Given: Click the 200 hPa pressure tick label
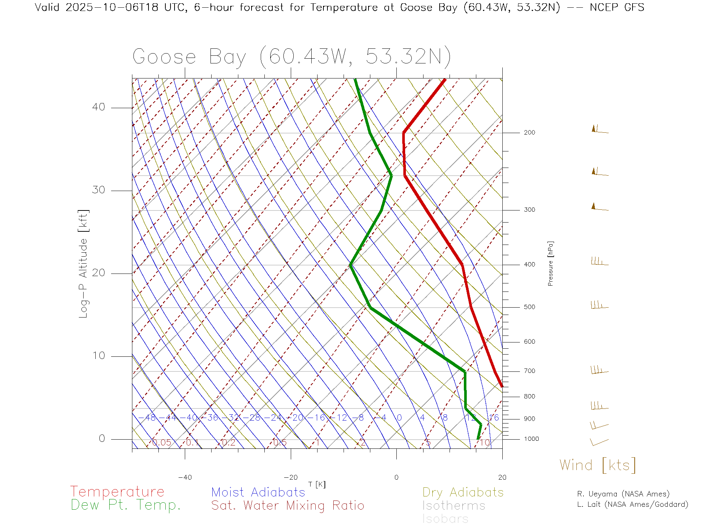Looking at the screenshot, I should (x=529, y=133).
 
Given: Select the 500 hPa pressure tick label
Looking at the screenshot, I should (x=529, y=307).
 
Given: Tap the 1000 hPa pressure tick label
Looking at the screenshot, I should (x=531, y=439).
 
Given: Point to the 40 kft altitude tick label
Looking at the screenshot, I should (x=98, y=107).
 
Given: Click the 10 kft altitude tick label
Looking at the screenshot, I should (x=98, y=356).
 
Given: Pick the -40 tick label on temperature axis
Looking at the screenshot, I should (x=185, y=477).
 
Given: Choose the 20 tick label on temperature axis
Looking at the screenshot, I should (x=502, y=477).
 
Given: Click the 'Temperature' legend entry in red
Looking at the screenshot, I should (x=117, y=492).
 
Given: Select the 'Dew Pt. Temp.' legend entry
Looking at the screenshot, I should (x=126, y=505).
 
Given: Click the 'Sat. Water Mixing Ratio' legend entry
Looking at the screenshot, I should (x=288, y=506).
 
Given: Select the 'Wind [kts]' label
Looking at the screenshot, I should (x=598, y=465).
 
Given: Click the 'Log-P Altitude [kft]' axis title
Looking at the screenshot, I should (x=84, y=264).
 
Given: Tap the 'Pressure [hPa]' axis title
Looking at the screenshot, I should (x=550, y=263).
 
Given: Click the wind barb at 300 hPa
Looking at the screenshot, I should (x=599, y=208).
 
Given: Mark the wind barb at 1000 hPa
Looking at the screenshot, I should (x=599, y=442).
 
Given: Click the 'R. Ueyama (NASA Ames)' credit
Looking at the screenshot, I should (x=623, y=494).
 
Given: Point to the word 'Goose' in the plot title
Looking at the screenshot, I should (x=164, y=57).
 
